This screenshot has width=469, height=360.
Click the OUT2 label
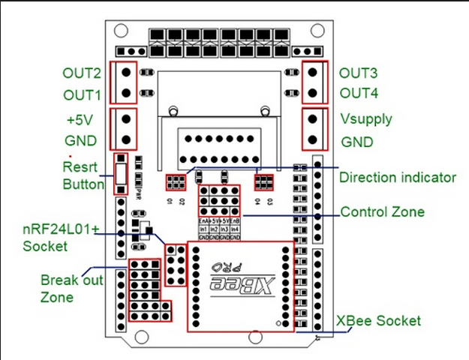click(x=82, y=73)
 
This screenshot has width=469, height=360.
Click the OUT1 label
click(x=82, y=96)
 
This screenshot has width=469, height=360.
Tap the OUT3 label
click(x=358, y=73)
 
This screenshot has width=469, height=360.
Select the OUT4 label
click(x=358, y=94)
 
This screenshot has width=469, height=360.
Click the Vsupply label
click(x=366, y=119)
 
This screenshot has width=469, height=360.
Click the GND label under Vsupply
click(x=357, y=142)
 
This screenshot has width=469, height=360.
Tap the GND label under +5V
click(x=81, y=141)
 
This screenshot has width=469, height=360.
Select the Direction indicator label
click(x=398, y=178)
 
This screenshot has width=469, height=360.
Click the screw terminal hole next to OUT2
click(x=125, y=73)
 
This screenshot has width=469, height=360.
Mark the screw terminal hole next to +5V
click(x=125, y=118)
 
